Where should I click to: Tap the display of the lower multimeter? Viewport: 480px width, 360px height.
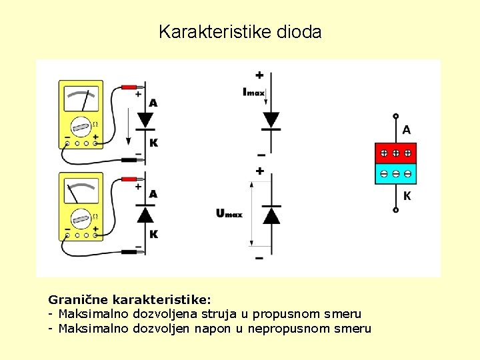tap(81, 191)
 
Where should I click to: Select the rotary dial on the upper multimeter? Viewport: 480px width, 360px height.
tap(81, 126)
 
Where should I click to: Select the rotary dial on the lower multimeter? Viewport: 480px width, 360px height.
tap(81, 217)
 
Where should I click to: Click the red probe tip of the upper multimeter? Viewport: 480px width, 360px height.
tap(137, 87)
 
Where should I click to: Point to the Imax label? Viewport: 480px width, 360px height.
tap(253, 92)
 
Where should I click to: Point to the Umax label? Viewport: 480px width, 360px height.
tap(229, 213)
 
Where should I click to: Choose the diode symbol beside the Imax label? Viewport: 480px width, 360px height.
tap(271, 120)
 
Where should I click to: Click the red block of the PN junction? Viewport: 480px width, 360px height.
tap(395, 153)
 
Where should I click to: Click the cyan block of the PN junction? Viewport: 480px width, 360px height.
tap(395, 173)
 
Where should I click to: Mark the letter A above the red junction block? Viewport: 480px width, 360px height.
tap(407, 129)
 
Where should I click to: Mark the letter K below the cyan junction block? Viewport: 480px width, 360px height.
tap(407, 196)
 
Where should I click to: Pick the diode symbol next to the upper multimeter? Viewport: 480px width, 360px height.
tap(145, 121)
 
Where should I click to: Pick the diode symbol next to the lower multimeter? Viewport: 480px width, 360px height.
tap(145, 213)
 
